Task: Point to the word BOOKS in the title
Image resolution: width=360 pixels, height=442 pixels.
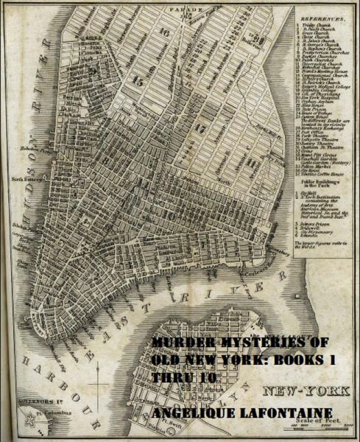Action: pyautogui.click(x=303, y=359)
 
